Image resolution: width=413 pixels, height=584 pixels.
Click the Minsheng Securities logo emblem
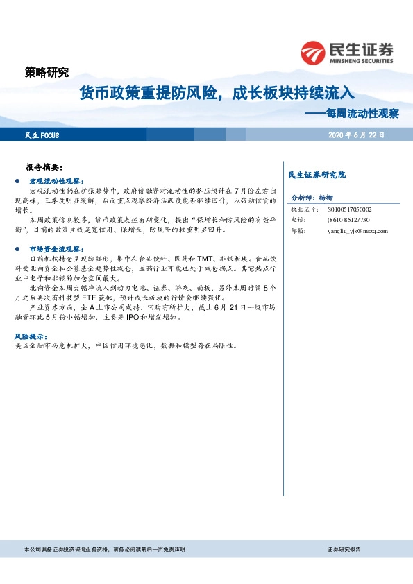click(312, 53)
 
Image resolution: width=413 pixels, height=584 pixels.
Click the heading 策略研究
click(47, 71)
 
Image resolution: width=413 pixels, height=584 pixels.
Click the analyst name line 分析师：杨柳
click(312, 198)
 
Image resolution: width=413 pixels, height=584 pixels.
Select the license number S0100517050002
click(349, 209)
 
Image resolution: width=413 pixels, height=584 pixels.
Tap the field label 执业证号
click(303, 209)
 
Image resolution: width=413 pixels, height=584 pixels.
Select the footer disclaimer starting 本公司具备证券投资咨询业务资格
click(104, 549)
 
